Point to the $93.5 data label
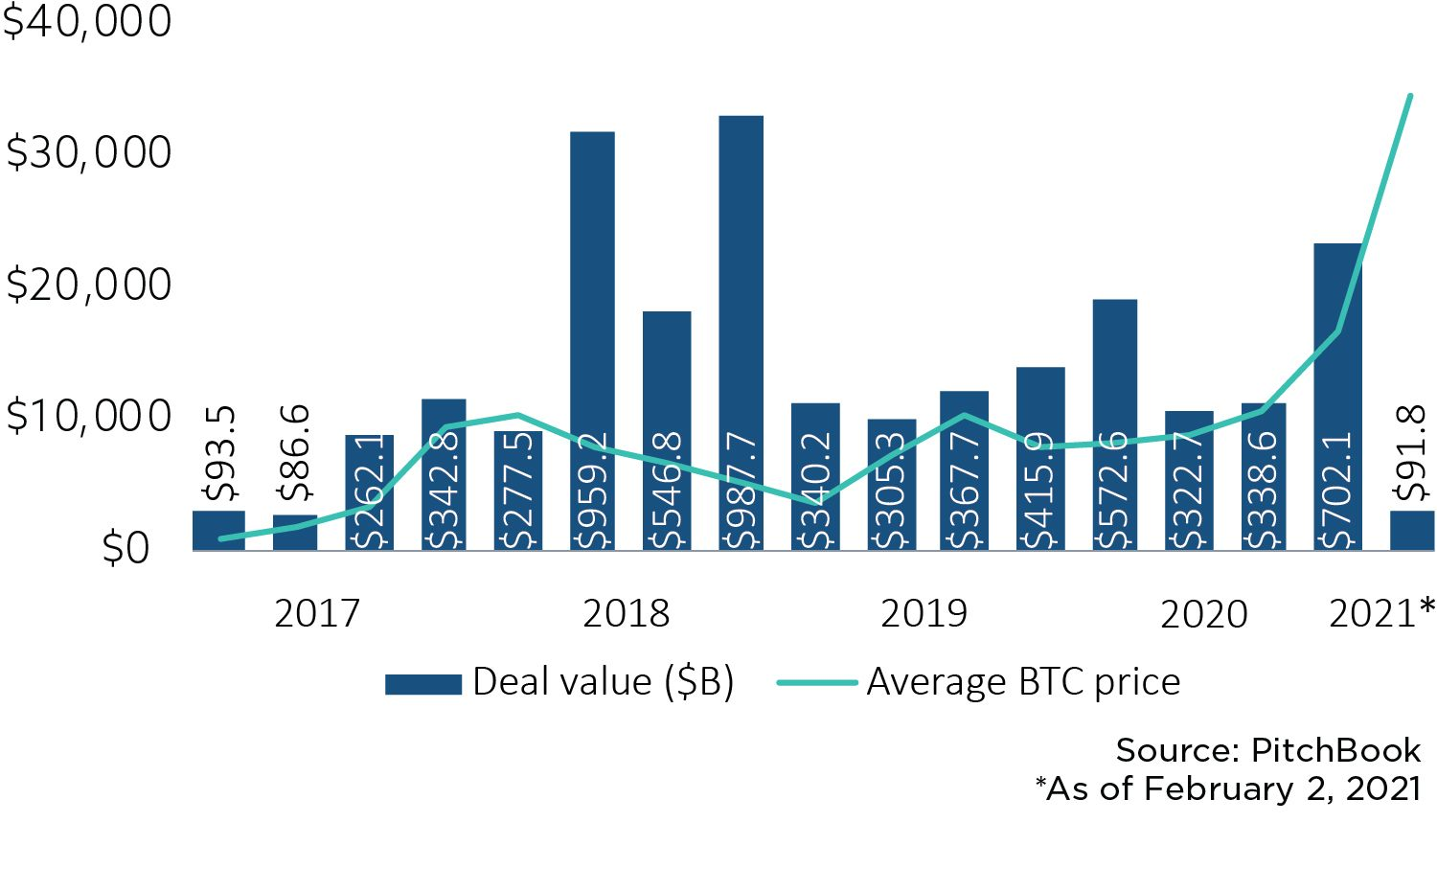point(220,453)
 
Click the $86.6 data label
point(295,453)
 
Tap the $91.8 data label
point(1411,453)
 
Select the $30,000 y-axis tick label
point(88,153)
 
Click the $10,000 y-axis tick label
point(88,416)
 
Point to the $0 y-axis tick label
point(125,549)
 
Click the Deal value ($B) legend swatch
point(422,684)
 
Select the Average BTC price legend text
point(1023,682)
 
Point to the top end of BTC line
point(1409,96)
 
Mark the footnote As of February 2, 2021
point(1228,788)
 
